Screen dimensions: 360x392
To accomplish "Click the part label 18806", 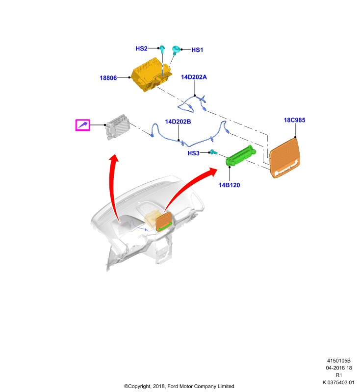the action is point(108,78).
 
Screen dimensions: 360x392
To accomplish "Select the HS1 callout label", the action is point(197,50).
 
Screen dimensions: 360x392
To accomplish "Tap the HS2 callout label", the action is point(141,49).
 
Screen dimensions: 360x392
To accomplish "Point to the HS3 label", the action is point(193,153).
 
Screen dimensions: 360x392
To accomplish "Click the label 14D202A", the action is point(194,77).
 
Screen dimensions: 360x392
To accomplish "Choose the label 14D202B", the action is point(178,122).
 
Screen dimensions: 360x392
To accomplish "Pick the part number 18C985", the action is point(294,120).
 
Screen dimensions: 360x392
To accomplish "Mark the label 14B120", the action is point(229,185).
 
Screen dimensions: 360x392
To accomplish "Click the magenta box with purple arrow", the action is point(83,125).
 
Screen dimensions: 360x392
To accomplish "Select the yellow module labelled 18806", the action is point(152,75).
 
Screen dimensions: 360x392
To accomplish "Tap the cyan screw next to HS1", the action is point(176,50).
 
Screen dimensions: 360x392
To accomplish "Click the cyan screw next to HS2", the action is point(162,49).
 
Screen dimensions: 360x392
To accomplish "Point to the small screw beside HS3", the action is point(213,152).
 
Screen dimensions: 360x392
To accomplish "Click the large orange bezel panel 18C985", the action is point(284,158).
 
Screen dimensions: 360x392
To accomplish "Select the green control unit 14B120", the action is point(241,155).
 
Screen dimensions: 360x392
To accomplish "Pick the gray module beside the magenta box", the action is point(117,127).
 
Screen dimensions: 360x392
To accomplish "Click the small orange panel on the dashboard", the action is point(164,222).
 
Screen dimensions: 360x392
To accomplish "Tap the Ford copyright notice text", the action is point(179,386).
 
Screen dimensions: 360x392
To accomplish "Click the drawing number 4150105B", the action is point(339,361).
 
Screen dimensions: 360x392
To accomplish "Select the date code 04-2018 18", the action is point(339,368).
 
